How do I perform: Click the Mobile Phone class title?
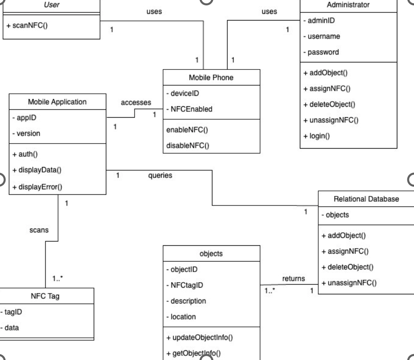point(211,78)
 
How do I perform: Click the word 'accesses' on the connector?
point(135,103)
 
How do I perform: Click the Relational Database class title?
point(366,199)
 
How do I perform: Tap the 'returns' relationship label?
point(294,278)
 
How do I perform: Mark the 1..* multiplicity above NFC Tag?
point(59,278)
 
